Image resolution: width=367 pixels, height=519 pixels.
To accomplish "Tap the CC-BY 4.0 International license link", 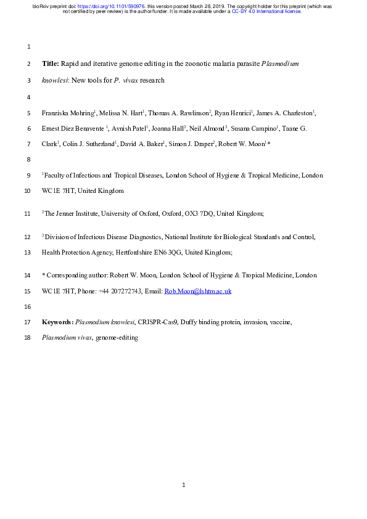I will pos(266,11).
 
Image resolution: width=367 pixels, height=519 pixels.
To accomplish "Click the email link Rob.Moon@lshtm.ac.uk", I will pos(197,291).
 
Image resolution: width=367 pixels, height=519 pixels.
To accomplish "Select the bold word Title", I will pos(50,63).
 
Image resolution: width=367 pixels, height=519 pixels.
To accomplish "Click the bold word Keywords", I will pos(57,322).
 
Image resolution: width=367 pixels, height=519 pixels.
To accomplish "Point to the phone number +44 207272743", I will pos(112,291).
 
